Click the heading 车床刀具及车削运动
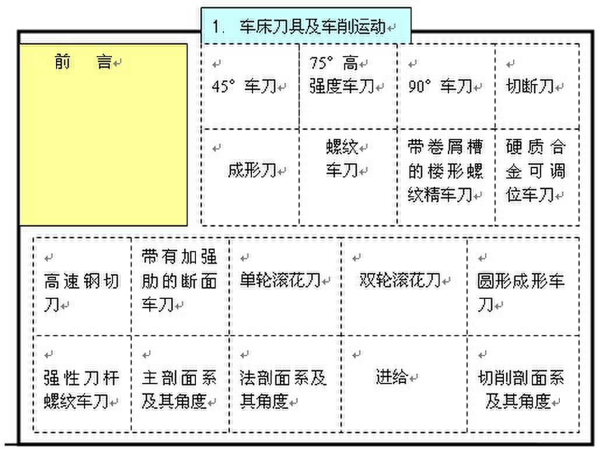tap(312, 26)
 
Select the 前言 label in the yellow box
tap(83, 62)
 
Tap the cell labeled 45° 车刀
tap(250, 86)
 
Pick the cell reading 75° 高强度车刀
tap(348, 86)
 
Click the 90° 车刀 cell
tap(447, 86)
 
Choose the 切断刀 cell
tap(538, 86)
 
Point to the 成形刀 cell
tap(250, 177)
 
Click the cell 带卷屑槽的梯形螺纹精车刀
tap(447, 177)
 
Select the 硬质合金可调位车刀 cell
tap(538, 177)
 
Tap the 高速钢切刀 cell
tap(83, 287)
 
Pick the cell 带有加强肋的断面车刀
tap(180, 287)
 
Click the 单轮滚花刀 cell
tap(285, 287)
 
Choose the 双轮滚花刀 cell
tap(404, 287)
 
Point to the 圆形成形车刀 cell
tap(523, 287)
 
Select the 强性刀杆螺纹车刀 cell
tap(83, 384)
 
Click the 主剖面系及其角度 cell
tap(180, 384)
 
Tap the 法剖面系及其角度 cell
tap(285, 384)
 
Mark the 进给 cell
tap(404, 384)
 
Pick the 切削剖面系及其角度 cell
tap(523, 384)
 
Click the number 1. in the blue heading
tap(218, 27)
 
